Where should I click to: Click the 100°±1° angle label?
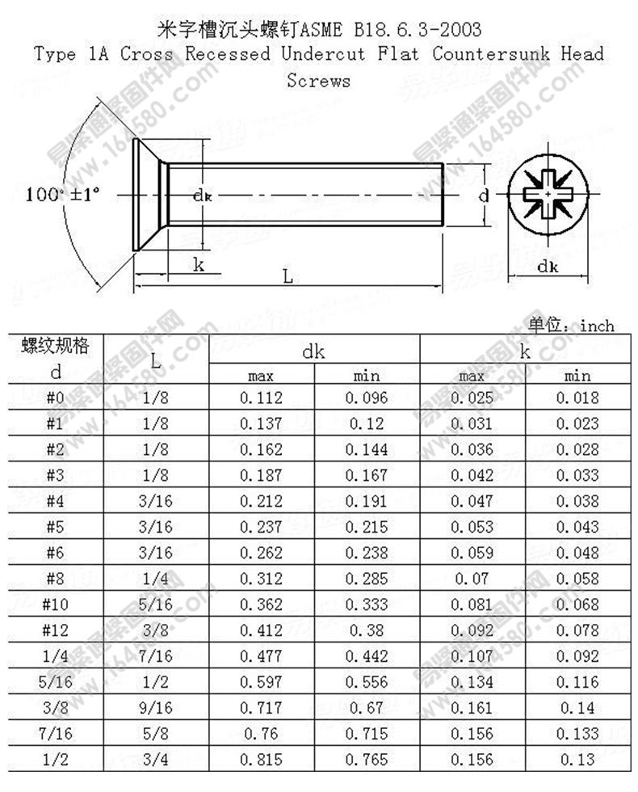pos(62,195)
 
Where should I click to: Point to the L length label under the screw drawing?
pos(288,276)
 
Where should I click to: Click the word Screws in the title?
pos(318,81)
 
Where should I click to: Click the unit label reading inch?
pos(597,326)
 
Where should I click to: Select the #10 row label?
pos(56,605)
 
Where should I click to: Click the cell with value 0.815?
pos(261,760)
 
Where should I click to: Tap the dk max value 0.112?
pos(261,398)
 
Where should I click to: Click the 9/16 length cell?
pos(156,708)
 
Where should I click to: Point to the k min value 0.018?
pos(577,398)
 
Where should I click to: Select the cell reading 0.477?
pos(261,656)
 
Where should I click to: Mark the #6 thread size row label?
pos(56,553)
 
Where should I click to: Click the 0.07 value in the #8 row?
pos(472,579)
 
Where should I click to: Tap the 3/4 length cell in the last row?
pos(156,760)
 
